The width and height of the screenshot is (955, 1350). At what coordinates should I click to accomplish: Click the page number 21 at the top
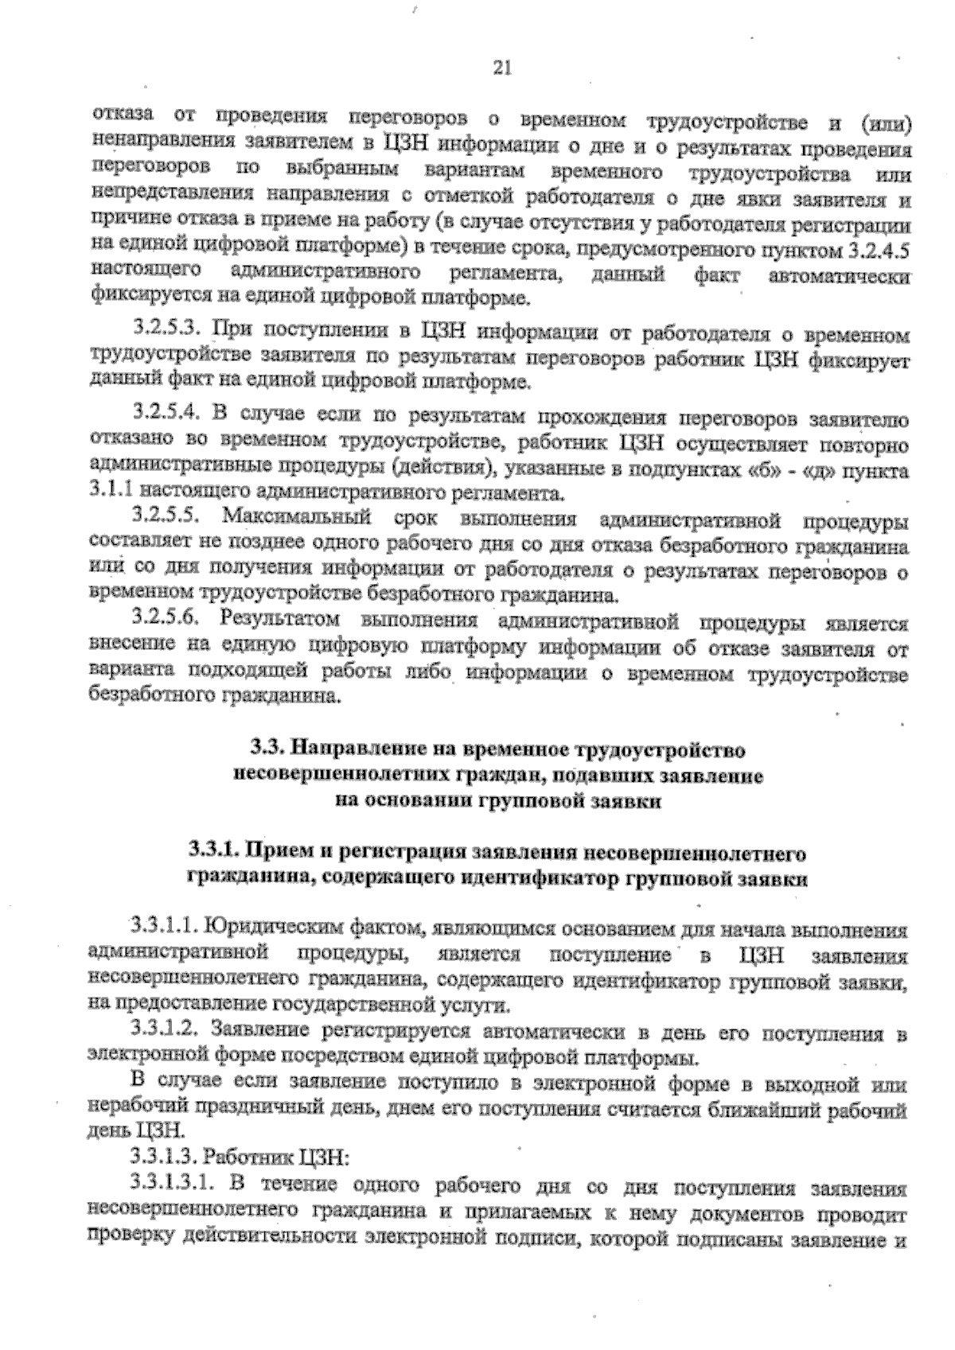501,68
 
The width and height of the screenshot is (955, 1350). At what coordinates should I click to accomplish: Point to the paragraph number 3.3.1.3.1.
170,1185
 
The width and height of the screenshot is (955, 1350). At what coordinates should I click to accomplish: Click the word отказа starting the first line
116,116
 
